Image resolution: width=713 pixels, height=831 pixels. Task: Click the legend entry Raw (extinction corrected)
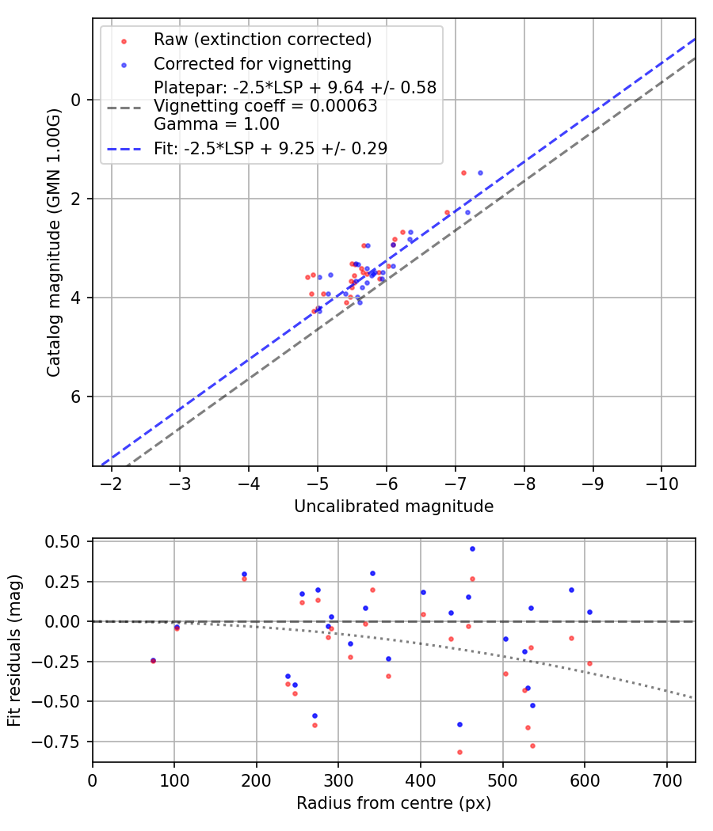tap(262, 40)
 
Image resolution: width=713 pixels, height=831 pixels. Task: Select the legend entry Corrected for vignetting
tap(253, 63)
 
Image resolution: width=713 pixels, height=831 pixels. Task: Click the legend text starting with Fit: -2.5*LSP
tap(270, 148)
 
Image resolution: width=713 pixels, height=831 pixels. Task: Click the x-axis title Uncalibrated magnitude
tap(394, 507)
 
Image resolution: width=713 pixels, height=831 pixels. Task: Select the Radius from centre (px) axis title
tap(394, 803)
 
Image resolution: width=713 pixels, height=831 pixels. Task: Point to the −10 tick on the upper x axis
tap(662, 484)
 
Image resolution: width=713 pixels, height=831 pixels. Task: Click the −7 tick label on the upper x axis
tap(456, 484)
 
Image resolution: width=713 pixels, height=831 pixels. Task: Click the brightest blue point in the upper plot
tap(480, 173)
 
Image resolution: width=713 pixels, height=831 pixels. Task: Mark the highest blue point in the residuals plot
tap(472, 548)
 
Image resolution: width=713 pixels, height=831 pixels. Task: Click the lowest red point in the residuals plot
tap(459, 752)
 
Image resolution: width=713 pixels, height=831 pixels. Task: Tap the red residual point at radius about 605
tap(589, 663)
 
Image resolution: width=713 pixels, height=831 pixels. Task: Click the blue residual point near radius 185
tap(244, 574)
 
